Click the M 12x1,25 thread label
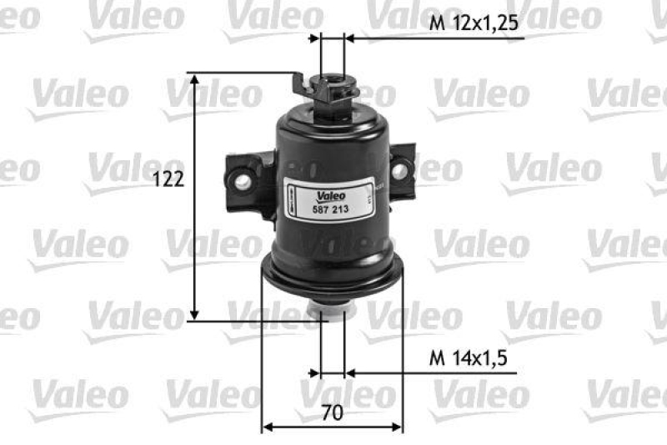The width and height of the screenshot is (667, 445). (474, 24)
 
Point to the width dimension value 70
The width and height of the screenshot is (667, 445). (331, 412)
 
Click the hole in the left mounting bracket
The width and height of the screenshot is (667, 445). (243, 176)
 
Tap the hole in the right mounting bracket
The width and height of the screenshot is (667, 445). (399, 170)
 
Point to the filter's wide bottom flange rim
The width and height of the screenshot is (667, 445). (333, 276)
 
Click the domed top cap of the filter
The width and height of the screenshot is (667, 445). (332, 125)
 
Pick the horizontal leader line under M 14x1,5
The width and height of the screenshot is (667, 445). (434, 372)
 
